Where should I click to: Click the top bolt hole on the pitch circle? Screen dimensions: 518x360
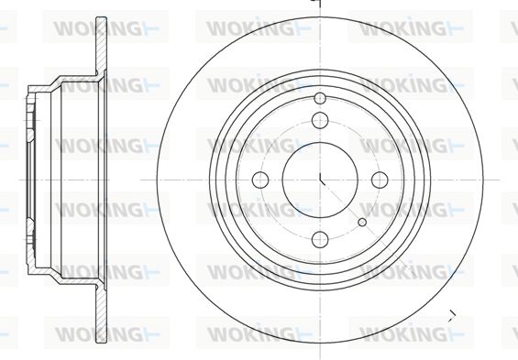coord(320,120)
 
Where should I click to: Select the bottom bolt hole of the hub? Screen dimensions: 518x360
coord(320,240)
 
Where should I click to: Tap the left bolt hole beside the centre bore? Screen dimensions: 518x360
coord(260,180)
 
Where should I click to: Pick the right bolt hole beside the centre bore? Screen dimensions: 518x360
coord(380,180)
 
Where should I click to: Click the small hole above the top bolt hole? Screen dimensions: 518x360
coord(320,98)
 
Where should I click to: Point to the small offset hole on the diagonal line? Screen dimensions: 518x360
coord(362,222)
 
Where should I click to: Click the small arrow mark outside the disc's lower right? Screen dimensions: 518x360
coord(452,315)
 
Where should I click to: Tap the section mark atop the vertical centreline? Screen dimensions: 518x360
coord(317,3)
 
